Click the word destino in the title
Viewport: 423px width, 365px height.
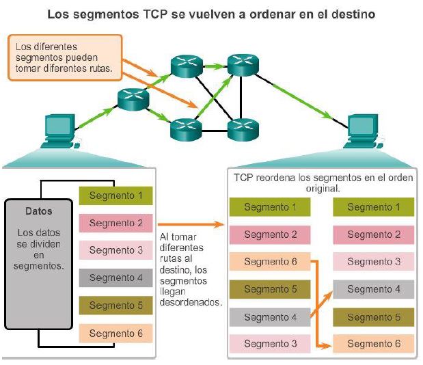tap(355, 14)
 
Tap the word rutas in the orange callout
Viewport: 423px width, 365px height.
tap(99, 70)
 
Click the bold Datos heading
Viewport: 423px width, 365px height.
tap(38, 211)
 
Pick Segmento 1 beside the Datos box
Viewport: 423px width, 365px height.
tap(115, 196)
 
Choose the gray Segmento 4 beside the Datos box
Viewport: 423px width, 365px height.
tap(115, 278)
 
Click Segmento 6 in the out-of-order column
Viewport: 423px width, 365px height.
tap(271, 262)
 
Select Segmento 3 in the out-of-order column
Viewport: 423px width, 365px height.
tap(271, 344)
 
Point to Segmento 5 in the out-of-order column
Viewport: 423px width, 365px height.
tap(271, 289)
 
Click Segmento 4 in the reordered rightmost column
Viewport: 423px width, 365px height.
tap(373, 289)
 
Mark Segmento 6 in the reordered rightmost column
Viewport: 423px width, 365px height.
tap(373, 344)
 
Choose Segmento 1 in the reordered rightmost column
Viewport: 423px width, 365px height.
tap(373, 207)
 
